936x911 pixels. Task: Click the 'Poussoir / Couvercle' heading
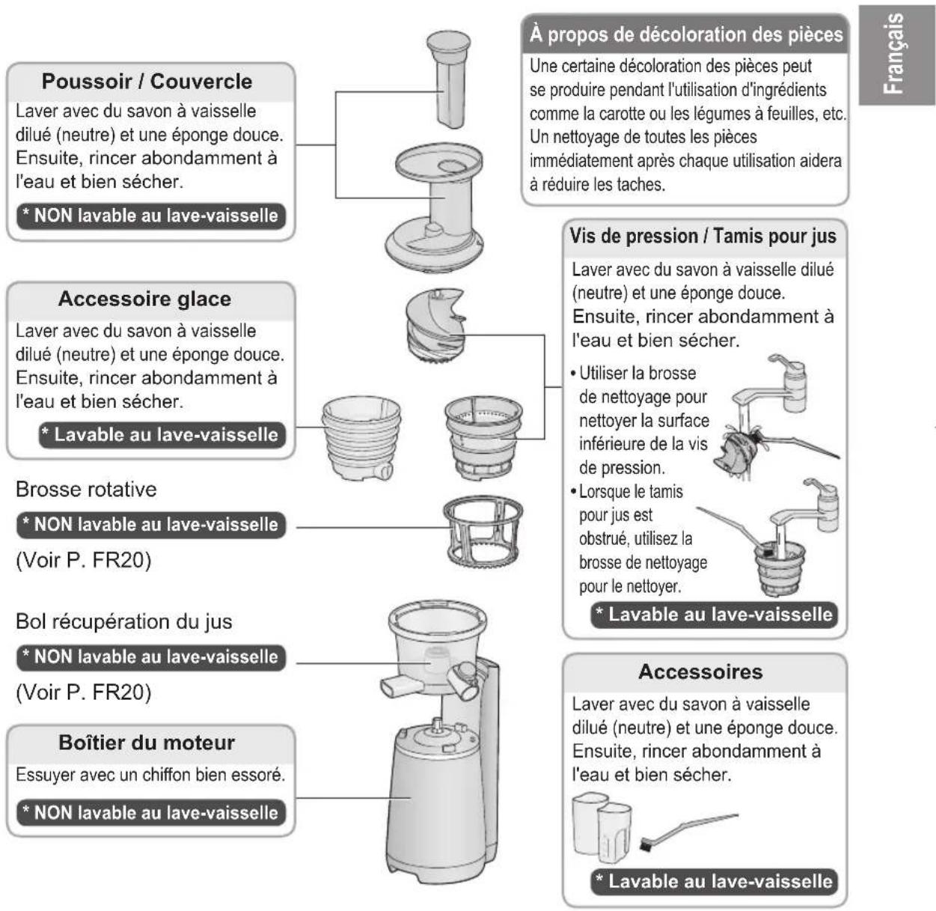[x=147, y=82]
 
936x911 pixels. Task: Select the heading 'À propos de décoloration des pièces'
[x=686, y=34]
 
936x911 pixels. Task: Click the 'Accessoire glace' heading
[x=144, y=299]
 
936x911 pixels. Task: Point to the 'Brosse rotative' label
[x=86, y=490]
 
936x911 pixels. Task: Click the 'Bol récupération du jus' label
[x=123, y=622]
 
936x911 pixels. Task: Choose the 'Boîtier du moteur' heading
[x=147, y=743]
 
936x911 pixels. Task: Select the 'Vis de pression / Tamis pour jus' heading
[x=703, y=237]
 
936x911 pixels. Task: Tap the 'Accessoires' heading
[x=700, y=672]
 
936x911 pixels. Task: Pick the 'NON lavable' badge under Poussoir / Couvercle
[x=151, y=216]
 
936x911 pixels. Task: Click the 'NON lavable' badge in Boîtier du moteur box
[x=151, y=813]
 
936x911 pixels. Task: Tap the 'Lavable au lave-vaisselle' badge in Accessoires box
[x=715, y=882]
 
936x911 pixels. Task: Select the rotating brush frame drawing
[x=483, y=533]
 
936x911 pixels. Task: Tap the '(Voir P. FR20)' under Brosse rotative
[x=83, y=561]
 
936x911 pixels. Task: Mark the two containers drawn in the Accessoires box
[x=602, y=826]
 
